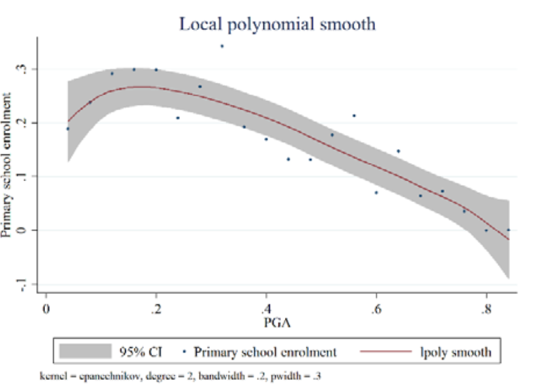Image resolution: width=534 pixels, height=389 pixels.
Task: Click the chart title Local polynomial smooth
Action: coord(277,24)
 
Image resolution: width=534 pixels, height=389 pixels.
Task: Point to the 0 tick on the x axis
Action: coord(46,308)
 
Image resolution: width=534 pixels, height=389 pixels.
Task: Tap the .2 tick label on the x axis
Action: coord(155,308)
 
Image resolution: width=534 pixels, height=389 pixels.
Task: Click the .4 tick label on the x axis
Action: coord(265,308)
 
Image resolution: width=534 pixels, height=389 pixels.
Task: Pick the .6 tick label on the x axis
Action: coord(376,308)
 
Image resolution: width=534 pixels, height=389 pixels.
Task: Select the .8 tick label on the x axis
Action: coord(486,308)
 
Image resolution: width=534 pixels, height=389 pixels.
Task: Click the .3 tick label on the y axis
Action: coord(25,68)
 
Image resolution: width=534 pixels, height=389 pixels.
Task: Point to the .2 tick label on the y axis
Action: coord(25,122)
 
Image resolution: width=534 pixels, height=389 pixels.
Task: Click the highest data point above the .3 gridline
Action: coord(222,46)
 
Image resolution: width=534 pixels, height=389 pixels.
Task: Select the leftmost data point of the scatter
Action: coord(68,129)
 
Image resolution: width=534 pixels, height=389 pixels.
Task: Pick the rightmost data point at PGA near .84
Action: coord(509,229)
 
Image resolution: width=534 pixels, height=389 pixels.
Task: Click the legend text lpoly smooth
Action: coord(454,353)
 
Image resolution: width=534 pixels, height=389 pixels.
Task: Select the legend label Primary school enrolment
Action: coord(266,353)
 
